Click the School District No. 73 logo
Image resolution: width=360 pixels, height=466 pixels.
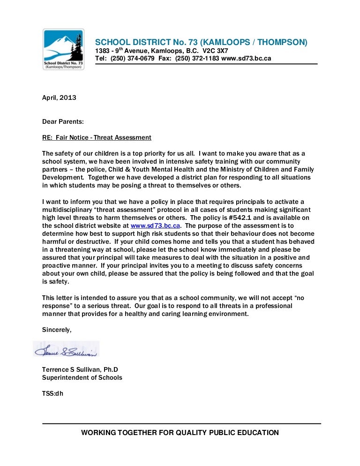64,49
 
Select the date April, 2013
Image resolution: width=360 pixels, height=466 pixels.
59,98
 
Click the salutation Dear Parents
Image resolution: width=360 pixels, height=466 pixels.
63,121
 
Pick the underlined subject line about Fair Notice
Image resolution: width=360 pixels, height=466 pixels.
97,137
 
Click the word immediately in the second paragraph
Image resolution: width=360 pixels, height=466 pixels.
221,249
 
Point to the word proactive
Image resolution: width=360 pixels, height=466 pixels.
56,265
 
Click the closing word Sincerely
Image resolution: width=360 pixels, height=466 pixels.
57,329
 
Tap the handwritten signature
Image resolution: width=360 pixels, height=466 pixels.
66,350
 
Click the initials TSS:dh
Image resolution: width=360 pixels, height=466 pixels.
52,393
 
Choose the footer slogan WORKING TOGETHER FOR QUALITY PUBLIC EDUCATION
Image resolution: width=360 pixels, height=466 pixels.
180,433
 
